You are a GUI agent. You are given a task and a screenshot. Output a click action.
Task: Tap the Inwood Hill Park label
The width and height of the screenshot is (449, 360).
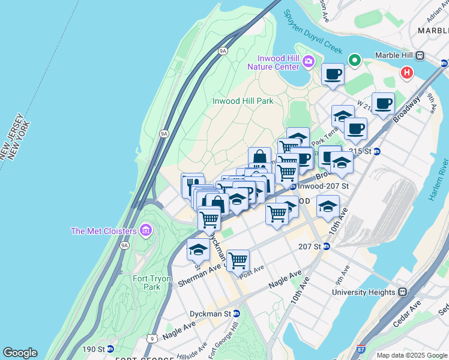coord(243,101)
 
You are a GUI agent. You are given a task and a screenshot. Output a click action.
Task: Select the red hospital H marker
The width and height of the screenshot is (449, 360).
coord(407,73)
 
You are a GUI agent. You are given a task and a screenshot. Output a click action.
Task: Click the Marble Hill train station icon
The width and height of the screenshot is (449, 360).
coord(420,56)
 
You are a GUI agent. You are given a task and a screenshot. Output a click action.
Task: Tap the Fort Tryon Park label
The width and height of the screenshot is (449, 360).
coord(152,283)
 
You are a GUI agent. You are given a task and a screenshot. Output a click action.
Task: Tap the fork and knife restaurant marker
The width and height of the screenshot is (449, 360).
coord(193,184)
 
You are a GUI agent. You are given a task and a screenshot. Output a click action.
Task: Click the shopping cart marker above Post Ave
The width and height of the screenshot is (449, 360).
coord(238,260)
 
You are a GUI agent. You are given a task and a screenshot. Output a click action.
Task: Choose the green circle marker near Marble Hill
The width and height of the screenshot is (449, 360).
coord(355,60)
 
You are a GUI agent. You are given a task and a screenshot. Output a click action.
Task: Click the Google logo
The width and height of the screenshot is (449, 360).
coord(20,353)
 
